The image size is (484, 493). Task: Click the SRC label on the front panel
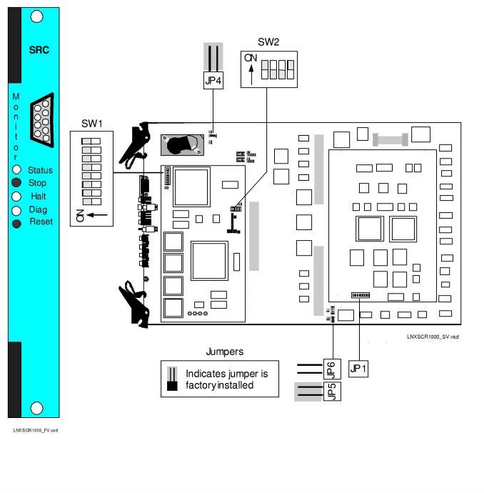pyautogui.click(x=39, y=51)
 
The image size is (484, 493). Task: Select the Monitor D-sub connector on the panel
pyautogui.click(x=41, y=118)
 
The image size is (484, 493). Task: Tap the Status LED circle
pyautogui.click(x=16, y=170)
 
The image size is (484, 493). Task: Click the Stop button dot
pyautogui.click(x=16, y=183)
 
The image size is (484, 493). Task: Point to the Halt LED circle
pyautogui.click(x=16, y=196)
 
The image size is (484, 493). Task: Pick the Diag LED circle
pyautogui.click(x=16, y=210)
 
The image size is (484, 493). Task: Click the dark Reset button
pyautogui.click(x=16, y=223)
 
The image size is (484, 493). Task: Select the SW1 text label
pyautogui.click(x=91, y=123)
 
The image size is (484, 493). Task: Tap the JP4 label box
pyautogui.click(x=213, y=80)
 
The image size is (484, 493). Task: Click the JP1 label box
pyautogui.click(x=358, y=369)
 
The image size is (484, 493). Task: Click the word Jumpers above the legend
pyautogui.click(x=224, y=352)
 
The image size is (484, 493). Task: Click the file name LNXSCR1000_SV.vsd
pyautogui.click(x=433, y=337)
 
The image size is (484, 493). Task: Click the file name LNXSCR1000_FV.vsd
pyautogui.click(x=36, y=430)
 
